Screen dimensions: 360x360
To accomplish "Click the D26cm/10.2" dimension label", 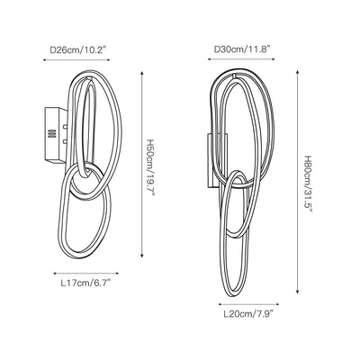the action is pos(78,49).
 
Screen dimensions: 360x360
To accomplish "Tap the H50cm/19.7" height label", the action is pos(150,167).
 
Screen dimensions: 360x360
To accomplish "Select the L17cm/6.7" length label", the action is pos(85,283).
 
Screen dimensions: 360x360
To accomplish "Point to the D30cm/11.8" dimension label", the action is pos(242,49).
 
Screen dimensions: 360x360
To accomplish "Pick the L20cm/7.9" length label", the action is pos(249,314).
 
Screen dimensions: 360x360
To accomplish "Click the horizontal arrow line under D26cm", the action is pos(76,60).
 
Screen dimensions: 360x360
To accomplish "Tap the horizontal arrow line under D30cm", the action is pos(241,59).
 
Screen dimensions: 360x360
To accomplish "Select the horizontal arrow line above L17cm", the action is pos(85,274).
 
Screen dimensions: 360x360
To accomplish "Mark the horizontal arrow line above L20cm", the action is pos(248,304).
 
